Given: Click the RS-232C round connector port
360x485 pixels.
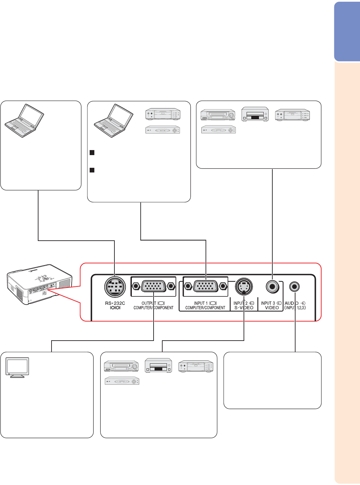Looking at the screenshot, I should coord(115,287).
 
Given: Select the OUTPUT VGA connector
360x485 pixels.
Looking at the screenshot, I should coord(153,286).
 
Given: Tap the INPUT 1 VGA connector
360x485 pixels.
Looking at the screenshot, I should coord(205,286).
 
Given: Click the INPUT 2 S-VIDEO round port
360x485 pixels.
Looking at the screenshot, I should coord(244,287).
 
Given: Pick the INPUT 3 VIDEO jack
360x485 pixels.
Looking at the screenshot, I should coord(273,286).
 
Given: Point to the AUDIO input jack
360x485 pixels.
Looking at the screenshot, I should coord(294,286).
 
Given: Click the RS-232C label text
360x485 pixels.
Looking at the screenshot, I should coord(115,303).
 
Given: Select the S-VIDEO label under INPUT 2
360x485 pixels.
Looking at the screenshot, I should coord(244,308).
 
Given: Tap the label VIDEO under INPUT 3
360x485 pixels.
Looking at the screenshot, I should coord(272,308).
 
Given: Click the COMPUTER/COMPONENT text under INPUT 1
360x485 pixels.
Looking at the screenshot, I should coord(205,308).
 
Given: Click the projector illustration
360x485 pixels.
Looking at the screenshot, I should coord(40,284).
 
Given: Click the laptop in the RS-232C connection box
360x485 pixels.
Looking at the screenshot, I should coord(24,120).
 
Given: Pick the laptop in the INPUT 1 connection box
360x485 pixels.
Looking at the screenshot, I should coord(113,121).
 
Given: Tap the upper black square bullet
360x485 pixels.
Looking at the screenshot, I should coord(92,153).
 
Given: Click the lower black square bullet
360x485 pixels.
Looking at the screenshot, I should coord(92,170).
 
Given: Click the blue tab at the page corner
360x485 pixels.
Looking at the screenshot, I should coord(347,32).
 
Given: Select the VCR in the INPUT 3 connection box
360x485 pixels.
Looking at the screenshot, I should coord(217,115).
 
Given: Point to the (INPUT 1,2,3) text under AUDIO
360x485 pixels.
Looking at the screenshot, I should coord(295,308).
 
